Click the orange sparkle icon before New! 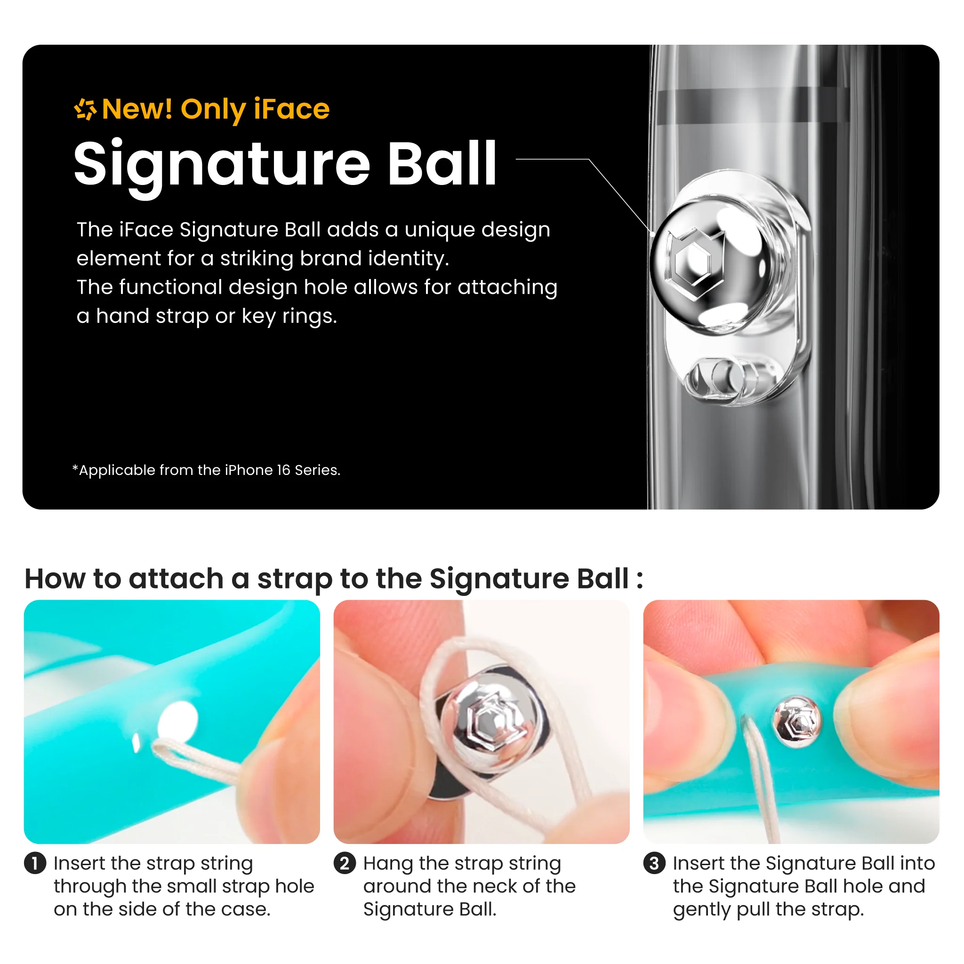tap(85, 109)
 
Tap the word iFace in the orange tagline tap(291, 109)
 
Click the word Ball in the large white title tap(442, 163)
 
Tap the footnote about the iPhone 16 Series tap(207, 470)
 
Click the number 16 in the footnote tap(283, 470)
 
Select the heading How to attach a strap tap(334, 579)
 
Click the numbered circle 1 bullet tap(35, 864)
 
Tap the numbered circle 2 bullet tap(345, 864)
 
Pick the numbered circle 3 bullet tap(654, 864)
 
